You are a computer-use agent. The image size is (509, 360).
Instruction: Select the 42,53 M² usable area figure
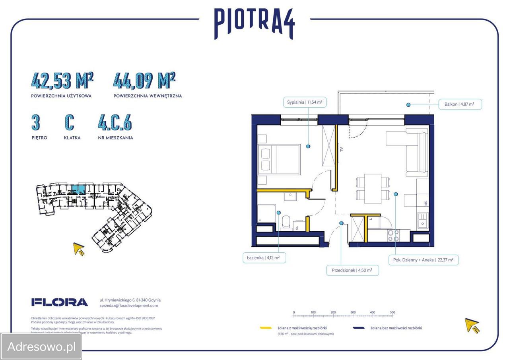click(62, 81)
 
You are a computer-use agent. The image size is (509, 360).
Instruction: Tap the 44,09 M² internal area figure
click(144, 81)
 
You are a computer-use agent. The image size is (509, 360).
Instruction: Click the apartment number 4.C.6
click(115, 123)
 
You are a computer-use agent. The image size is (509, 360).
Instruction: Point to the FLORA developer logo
click(60, 302)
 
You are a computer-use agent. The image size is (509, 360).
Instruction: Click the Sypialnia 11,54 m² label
click(305, 102)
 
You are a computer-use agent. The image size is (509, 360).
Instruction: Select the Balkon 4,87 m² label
click(460, 105)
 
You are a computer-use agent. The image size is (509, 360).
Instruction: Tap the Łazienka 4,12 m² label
click(264, 258)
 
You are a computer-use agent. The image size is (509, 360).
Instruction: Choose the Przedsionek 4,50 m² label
click(352, 271)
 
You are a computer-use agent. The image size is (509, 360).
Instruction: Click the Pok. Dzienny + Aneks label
click(424, 260)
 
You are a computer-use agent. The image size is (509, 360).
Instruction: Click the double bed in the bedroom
click(279, 159)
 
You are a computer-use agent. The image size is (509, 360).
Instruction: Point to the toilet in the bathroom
click(286, 222)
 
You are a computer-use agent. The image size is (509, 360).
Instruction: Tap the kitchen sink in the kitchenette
click(422, 221)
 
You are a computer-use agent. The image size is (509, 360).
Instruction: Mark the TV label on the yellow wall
click(341, 149)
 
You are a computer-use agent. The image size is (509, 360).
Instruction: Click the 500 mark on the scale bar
click(392, 312)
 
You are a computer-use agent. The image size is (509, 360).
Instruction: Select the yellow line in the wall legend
click(266, 328)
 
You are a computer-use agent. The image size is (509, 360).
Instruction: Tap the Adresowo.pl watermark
click(41, 346)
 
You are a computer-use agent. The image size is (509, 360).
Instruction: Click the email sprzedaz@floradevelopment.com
click(128, 306)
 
